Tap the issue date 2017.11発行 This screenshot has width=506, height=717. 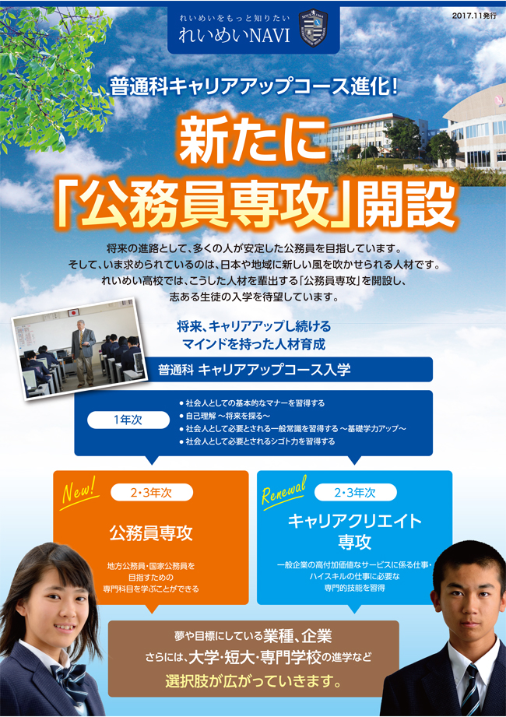click(474, 15)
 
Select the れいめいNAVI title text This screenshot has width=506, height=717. click(234, 36)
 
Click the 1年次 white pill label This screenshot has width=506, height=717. click(128, 420)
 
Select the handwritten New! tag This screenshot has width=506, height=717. click(80, 493)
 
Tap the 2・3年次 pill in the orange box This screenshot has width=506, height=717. click(152, 493)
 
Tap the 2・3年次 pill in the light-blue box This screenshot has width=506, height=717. click(355, 492)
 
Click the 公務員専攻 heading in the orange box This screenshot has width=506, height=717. click(151, 532)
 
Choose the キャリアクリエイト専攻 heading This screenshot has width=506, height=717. click(355, 531)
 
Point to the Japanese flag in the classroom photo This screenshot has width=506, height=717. click(74, 313)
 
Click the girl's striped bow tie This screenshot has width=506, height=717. click(69, 677)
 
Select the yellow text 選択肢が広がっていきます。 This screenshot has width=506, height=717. click(253, 681)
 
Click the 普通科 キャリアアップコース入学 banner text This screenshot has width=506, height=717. click(254, 370)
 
